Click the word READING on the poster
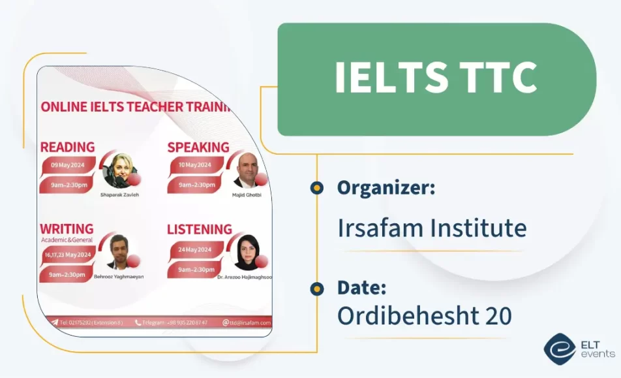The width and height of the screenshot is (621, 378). pyautogui.click(x=68, y=147)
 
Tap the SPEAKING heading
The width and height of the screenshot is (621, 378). pyautogui.click(x=198, y=147)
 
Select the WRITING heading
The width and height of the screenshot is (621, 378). pyautogui.click(x=67, y=229)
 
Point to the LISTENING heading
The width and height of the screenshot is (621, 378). pyautogui.click(x=200, y=229)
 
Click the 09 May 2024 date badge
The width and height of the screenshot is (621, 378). pyautogui.click(x=68, y=165)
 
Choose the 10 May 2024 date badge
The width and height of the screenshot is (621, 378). pyautogui.click(x=195, y=165)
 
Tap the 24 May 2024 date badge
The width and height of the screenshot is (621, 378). pyautogui.click(x=195, y=249)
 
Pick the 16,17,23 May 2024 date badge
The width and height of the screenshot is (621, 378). pyautogui.click(x=67, y=255)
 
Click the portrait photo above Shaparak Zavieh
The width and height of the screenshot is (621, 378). pyautogui.click(x=120, y=171)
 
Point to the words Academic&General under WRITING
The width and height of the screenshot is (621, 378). pyautogui.click(x=67, y=240)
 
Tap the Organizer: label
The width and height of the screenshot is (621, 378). pyautogui.click(x=386, y=188)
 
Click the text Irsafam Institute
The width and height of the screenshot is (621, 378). pyautogui.click(x=431, y=228)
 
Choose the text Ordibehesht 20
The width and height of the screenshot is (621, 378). pyautogui.click(x=424, y=316)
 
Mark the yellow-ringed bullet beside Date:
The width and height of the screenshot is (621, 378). pyautogui.click(x=317, y=288)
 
